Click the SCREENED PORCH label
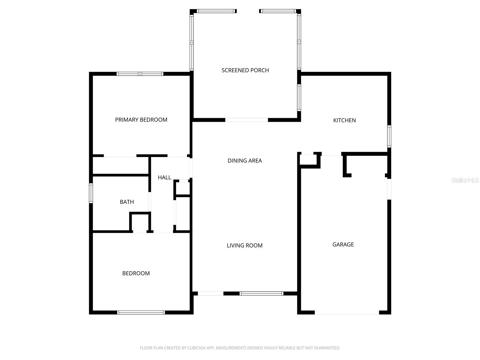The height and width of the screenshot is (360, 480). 245,70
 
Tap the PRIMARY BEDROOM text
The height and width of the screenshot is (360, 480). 141,120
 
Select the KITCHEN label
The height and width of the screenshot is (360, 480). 344,120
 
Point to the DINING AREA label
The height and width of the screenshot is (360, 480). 244,160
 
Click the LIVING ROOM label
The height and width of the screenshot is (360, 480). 244,245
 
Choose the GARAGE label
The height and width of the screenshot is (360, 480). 343,244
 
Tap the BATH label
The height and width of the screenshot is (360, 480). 127,202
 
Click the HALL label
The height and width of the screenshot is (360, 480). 164,178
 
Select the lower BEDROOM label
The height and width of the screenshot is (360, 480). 136,273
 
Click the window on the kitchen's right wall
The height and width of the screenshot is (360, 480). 389,136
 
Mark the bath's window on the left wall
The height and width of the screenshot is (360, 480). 91,193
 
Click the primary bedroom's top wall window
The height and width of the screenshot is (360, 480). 140,74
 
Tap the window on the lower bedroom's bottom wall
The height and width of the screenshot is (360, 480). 141,312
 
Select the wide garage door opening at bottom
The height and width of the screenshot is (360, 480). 347,313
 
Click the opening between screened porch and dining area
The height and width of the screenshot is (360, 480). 246,120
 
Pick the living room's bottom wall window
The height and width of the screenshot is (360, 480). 261,293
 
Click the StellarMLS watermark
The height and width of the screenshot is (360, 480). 465,180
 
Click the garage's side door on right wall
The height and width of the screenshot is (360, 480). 389,189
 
